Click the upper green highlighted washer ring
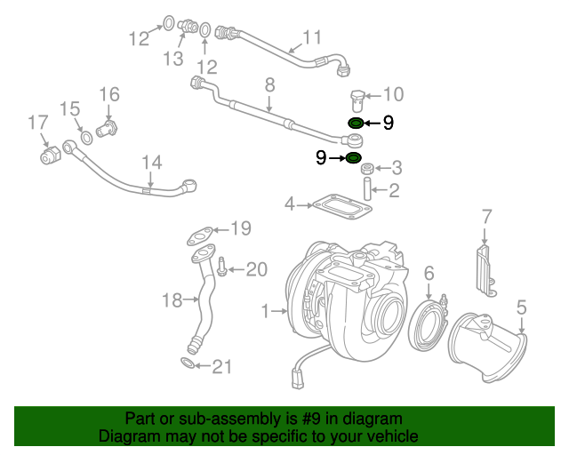(x=354, y=124)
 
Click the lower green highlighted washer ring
(x=353, y=158)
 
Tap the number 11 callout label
(x=311, y=37)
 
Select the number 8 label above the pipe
(x=269, y=85)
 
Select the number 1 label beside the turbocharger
(x=264, y=311)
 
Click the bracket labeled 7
(x=485, y=266)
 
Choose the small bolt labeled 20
(x=223, y=269)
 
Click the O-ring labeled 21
(x=189, y=363)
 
